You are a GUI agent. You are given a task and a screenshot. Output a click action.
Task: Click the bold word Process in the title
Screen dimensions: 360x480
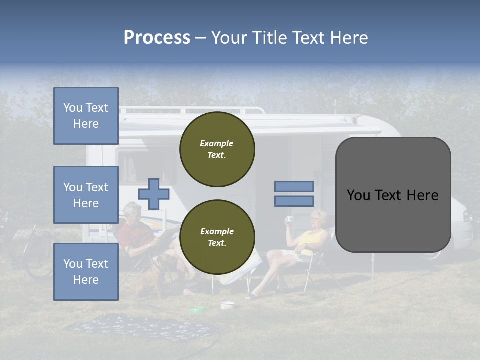(x=157, y=38)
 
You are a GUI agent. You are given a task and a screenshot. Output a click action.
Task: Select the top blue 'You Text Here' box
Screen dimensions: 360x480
(x=86, y=116)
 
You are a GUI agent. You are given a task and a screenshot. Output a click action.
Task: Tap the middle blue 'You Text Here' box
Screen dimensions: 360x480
(x=86, y=195)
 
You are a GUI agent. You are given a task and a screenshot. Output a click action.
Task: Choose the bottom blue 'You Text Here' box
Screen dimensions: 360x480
(x=86, y=271)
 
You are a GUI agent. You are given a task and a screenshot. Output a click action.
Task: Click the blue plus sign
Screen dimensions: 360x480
(x=153, y=194)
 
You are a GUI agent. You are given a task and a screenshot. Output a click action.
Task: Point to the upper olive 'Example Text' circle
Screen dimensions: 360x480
(x=217, y=149)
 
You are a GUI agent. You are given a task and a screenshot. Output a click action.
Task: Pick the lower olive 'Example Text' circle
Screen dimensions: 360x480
(x=217, y=237)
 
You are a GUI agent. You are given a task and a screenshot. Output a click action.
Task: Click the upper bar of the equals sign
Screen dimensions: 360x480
(x=294, y=186)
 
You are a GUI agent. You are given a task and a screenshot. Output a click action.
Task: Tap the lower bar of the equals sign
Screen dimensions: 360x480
(x=294, y=201)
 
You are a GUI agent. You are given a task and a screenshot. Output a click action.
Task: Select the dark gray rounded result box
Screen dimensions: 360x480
(x=393, y=195)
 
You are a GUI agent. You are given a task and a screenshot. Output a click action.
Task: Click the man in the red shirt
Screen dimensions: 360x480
(x=137, y=235)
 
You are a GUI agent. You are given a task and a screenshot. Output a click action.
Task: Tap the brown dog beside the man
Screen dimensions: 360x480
(x=152, y=275)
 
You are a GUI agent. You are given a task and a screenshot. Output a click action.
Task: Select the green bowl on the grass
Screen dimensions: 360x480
(x=197, y=310)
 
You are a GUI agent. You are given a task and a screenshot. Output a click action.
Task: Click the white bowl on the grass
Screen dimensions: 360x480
(x=227, y=304)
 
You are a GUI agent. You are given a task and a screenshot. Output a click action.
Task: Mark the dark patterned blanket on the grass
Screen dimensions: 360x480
(x=140, y=327)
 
